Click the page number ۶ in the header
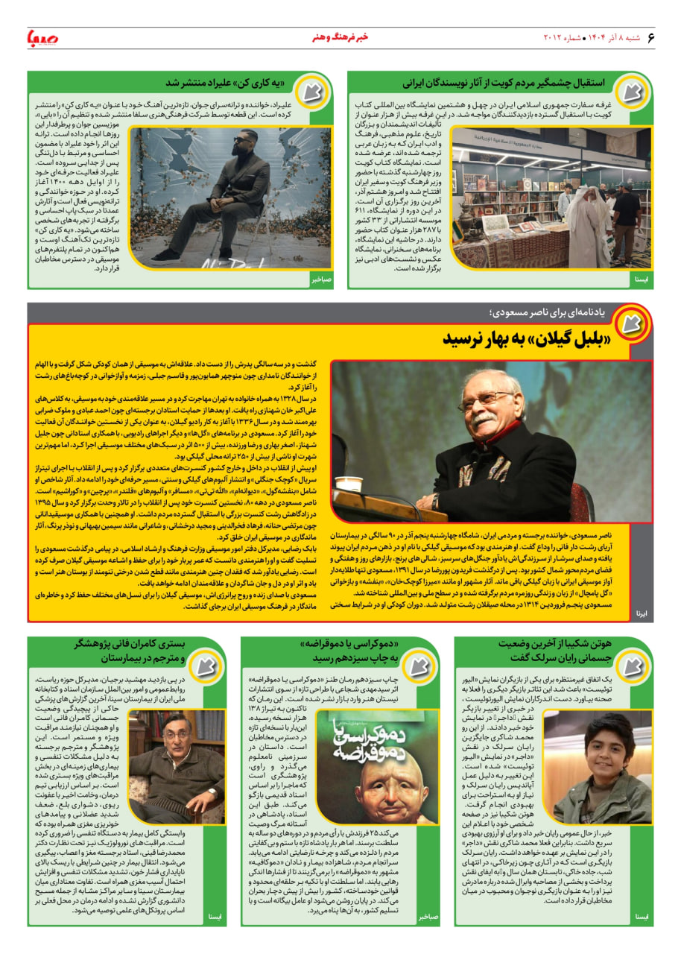pyautogui.click(x=650, y=38)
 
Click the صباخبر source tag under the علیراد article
pyautogui.click(x=322, y=279)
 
